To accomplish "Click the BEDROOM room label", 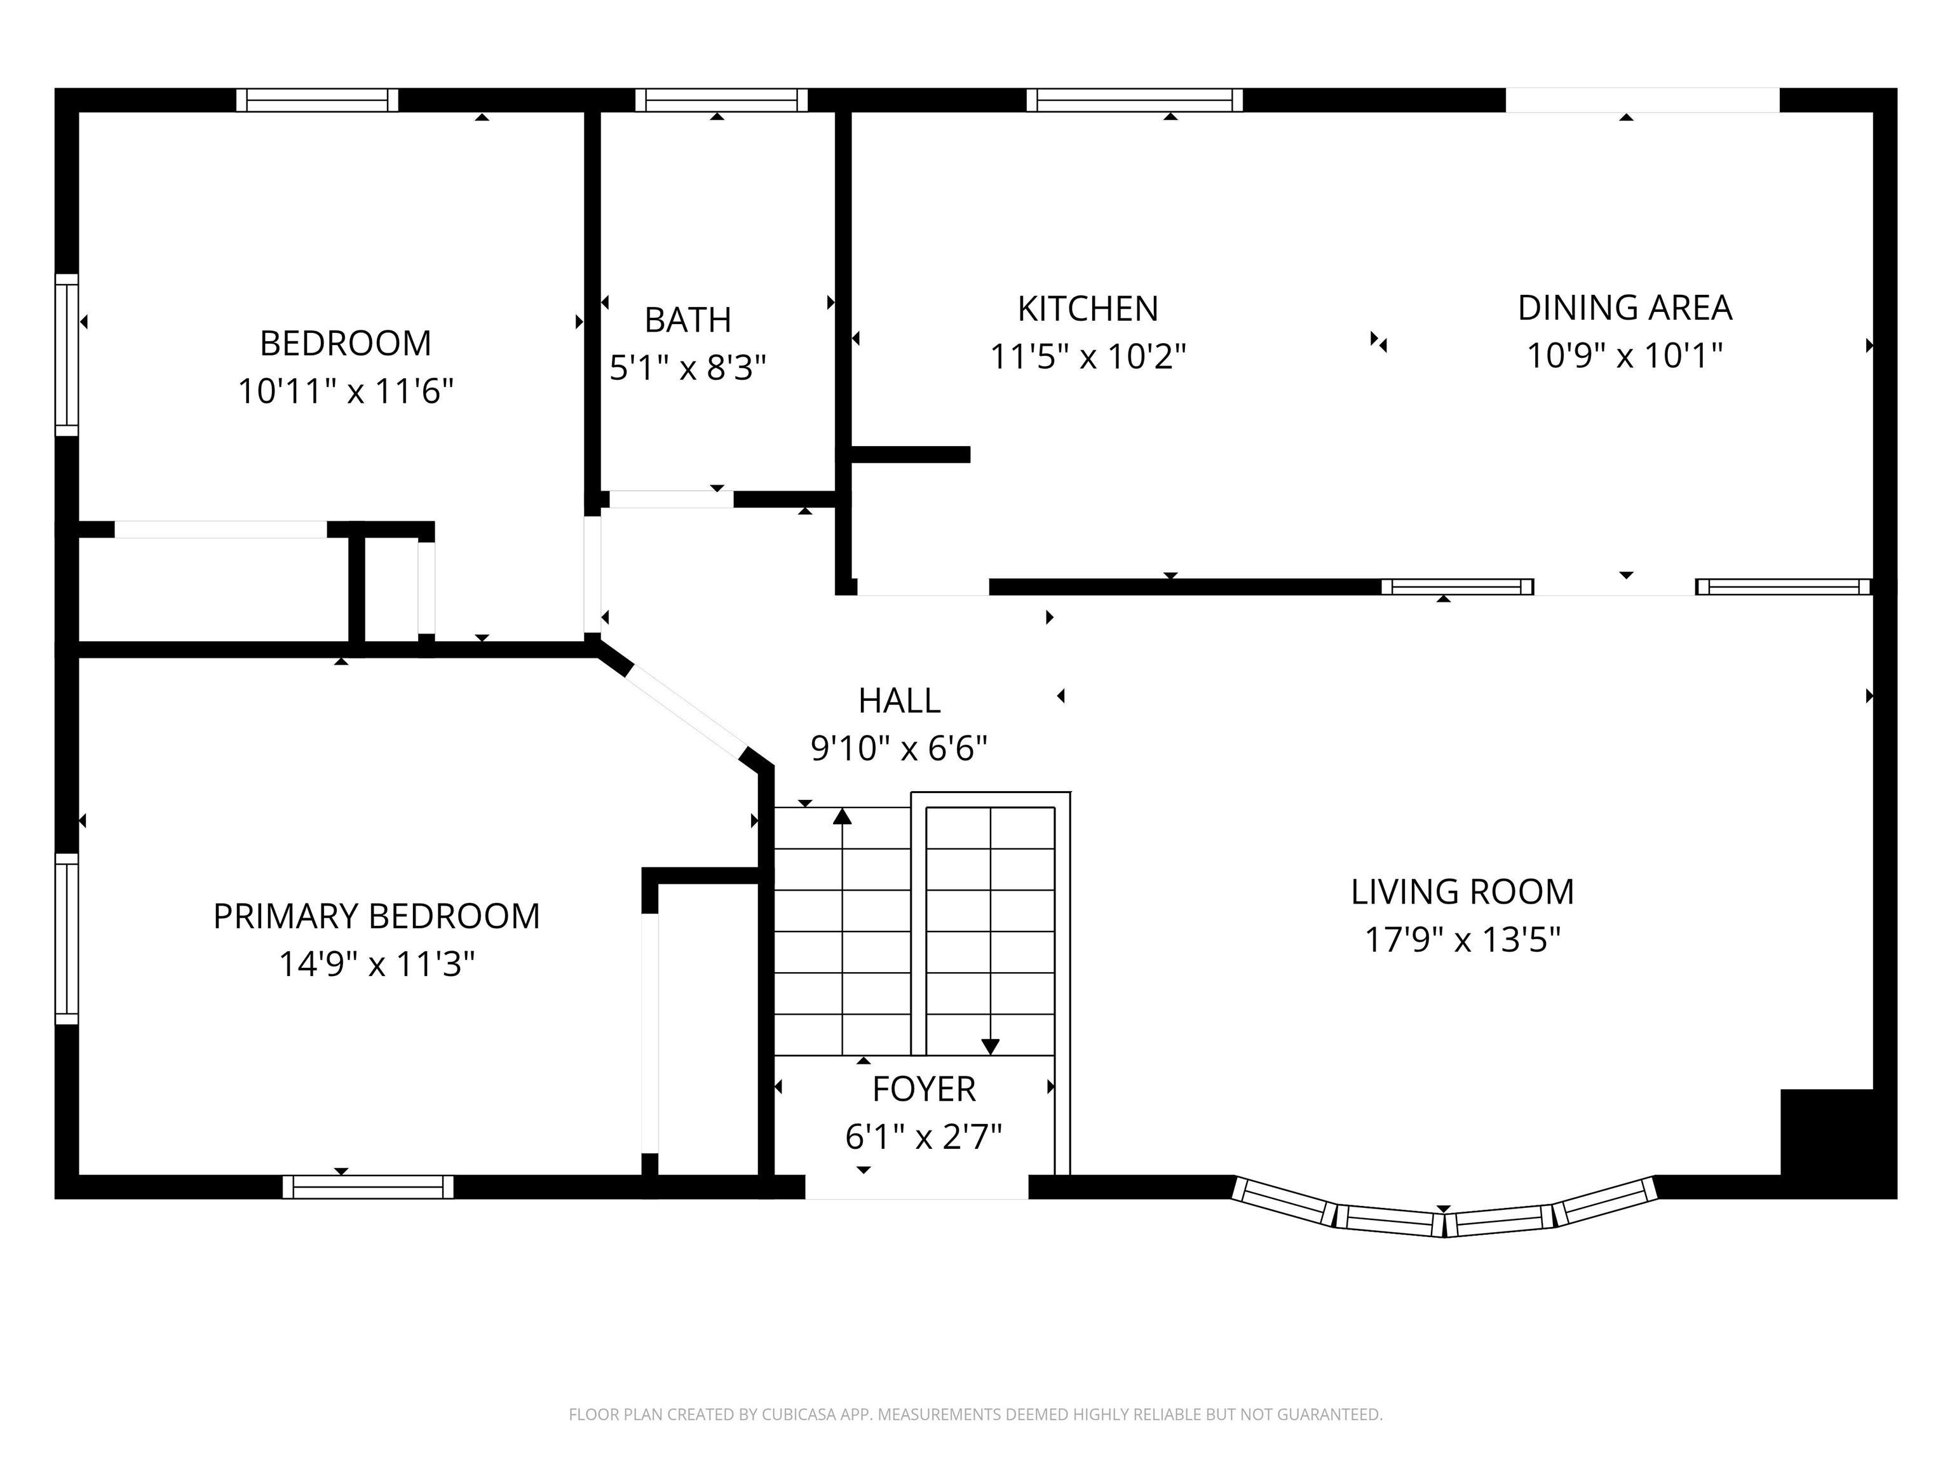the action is (x=345, y=343).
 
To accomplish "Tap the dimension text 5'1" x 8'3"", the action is (x=688, y=367).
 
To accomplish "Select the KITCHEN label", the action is (x=1087, y=309).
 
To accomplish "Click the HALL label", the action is (x=899, y=701).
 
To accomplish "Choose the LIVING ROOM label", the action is (x=1462, y=892).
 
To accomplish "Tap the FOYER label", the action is (x=924, y=1090).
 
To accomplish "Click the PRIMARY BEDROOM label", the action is (x=377, y=917).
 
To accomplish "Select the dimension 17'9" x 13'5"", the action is (x=1462, y=940).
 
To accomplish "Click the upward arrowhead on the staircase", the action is (x=843, y=817).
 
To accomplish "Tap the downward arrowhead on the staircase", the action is (x=990, y=1047).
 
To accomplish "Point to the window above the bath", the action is (x=721, y=100).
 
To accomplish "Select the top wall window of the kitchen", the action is (x=1135, y=100).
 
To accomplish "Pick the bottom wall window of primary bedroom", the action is (x=368, y=1187).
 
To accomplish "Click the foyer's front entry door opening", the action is (x=917, y=1187).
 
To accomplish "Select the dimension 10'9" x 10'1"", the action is (x=1625, y=356).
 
